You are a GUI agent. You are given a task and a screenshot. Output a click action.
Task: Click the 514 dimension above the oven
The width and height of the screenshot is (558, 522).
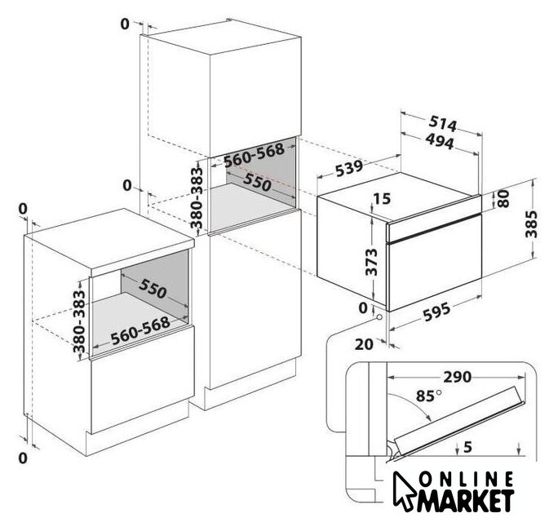click(442, 123)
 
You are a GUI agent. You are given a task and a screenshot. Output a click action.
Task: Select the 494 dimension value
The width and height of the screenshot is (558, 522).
click(440, 141)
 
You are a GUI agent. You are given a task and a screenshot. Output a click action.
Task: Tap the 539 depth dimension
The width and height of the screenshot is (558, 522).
click(349, 167)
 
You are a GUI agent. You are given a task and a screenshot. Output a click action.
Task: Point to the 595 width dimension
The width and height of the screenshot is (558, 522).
click(436, 312)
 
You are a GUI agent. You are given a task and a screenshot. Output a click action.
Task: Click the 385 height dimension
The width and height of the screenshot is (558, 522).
click(531, 223)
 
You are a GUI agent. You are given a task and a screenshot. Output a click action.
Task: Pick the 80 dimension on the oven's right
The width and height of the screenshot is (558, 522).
click(503, 198)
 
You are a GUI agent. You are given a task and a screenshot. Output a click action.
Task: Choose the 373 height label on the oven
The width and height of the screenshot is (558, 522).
click(371, 263)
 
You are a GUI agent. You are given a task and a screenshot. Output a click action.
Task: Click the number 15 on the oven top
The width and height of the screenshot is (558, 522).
click(383, 199)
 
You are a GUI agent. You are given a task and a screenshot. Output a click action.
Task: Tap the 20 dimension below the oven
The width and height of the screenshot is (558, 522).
click(364, 344)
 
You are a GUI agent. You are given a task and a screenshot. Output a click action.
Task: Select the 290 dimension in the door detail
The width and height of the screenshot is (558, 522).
click(458, 377)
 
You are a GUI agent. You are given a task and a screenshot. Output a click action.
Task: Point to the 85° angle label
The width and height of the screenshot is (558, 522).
click(428, 396)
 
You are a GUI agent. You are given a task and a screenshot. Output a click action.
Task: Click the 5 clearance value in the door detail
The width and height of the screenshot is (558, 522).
click(467, 447)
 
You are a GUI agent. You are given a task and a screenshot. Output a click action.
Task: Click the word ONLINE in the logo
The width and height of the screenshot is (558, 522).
click(466, 480)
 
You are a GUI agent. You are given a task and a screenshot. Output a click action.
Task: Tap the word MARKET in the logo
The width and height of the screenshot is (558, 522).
click(465, 502)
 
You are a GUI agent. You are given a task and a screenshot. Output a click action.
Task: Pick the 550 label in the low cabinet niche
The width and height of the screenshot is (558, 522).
click(153, 288)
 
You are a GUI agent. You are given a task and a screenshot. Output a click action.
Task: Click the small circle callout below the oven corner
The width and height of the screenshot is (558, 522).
click(379, 316)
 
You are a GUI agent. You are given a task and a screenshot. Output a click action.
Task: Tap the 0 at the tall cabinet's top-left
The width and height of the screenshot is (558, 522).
click(125, 24)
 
